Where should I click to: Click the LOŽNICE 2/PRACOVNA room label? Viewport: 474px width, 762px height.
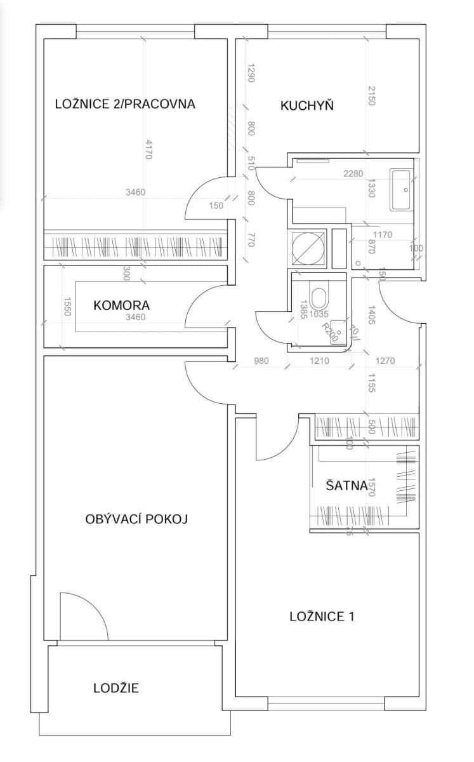(x=125, y=104)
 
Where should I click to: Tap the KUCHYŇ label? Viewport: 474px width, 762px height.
(x=307, y=105)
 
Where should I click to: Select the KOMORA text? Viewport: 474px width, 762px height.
(x=121, y=305)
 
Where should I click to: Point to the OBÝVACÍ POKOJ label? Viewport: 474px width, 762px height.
(x=136, y=519)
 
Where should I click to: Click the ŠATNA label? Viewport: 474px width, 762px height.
(x=346, y=486)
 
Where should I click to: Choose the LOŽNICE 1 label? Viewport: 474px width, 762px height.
(x=321, y=616)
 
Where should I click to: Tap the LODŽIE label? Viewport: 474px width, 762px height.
(x=115, y=688)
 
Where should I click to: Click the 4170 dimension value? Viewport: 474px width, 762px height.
(x=148, y=149)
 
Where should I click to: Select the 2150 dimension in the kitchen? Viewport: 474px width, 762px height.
(x=372, y=95)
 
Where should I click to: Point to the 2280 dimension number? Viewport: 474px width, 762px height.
(x=353, y=173)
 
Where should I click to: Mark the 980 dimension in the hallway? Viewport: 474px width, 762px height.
(x=261, y=361)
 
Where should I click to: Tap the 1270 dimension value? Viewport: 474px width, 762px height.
(x=385, y=361)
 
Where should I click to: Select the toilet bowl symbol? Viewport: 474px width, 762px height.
(x=321, y=298)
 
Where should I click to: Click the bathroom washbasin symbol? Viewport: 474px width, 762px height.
(x=402, y=189)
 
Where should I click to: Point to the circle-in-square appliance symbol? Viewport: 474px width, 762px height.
(x=308, y=246)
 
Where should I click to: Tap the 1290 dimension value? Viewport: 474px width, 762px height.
(x=251, y=74)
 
